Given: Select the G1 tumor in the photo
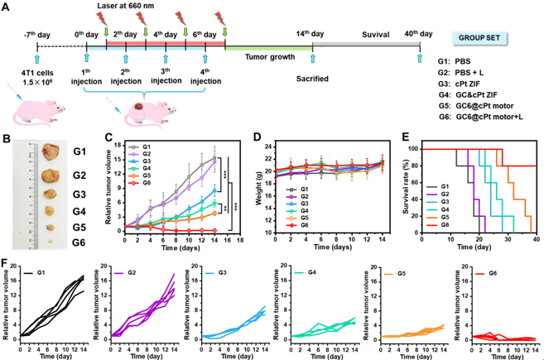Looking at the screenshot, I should [x=51, y=151].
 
